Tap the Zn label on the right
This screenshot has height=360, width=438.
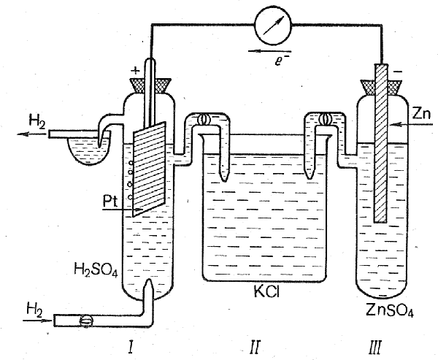click(x=422, y=113)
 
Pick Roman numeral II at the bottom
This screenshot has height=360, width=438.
click(x=255, y=342)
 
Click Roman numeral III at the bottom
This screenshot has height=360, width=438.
click(x=377, y=342)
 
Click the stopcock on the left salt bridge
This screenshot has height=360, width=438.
click(x=204, y=120)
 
